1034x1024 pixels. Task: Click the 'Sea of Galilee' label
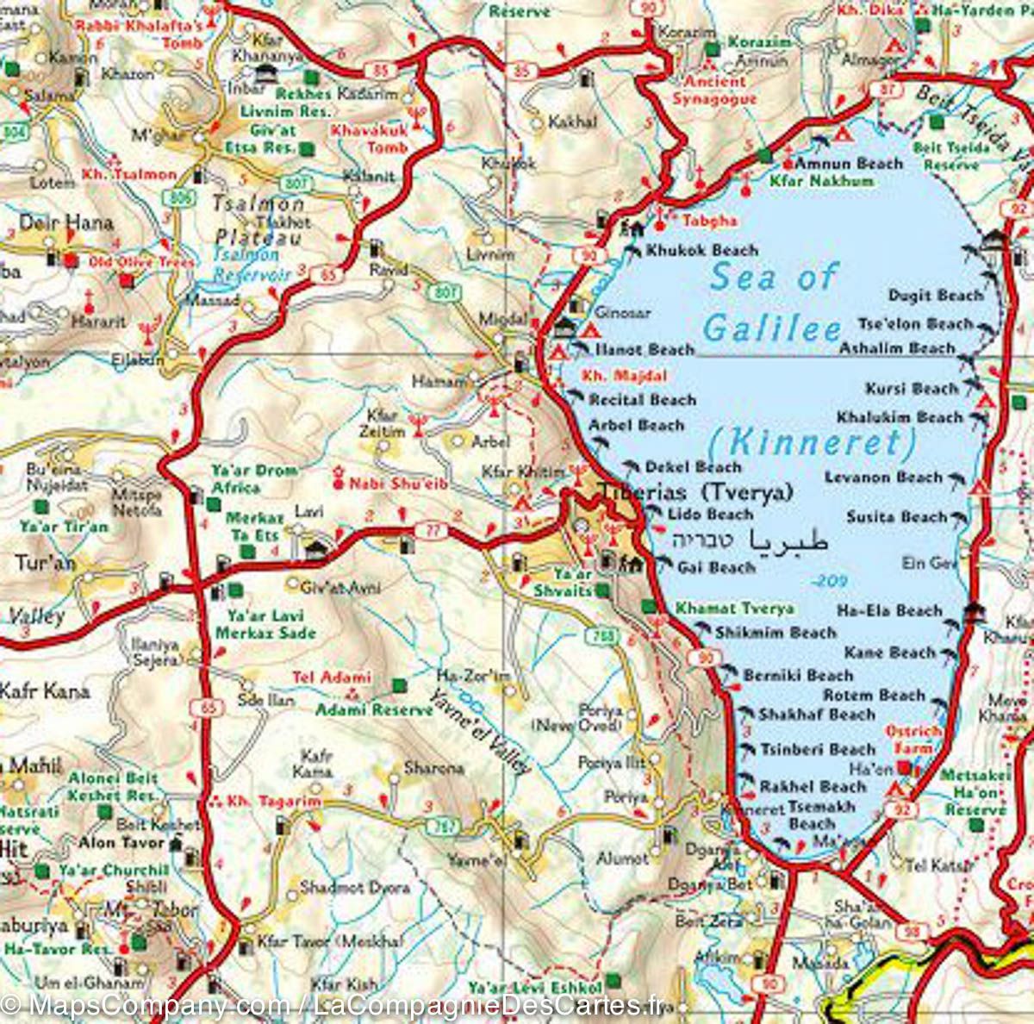tap(772, 302)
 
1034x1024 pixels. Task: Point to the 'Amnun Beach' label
tap(849, 163)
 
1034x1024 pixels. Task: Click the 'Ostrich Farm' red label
tap(913, 740)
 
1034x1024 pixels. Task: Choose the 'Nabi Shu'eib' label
tap(397, 484)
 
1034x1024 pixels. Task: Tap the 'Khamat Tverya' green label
tap(734, 609)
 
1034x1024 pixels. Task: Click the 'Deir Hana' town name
tap(65, 222)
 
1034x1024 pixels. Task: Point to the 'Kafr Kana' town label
tap(44, 690)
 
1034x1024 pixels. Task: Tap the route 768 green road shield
tap(605, 636)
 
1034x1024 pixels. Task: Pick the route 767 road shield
tap(445, 827)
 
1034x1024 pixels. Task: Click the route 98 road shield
tap(912, 932)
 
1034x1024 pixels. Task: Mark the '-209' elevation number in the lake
tap(830, 581)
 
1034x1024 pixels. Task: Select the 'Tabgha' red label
tap(709, 221)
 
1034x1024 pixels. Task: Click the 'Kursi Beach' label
tap(911, 389)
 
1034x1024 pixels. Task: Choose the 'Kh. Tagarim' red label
tap(273, 801)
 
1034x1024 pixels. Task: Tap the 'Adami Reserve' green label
tap(373, 709)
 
